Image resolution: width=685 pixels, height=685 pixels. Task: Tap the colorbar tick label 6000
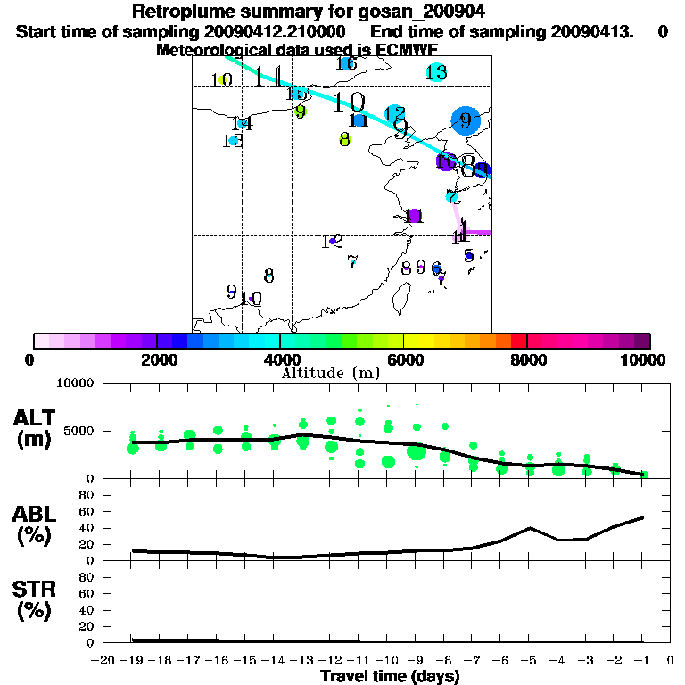[404, 359]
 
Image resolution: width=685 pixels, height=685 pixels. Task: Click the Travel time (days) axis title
[390, 676]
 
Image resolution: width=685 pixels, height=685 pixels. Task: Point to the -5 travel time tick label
[530, 660]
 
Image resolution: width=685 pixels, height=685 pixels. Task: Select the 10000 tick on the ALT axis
[76, 384]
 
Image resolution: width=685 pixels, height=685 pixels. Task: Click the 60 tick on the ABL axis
[87, 512]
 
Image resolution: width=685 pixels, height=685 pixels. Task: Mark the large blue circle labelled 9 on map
[465, 120]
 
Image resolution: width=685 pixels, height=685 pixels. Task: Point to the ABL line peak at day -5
[530, 528]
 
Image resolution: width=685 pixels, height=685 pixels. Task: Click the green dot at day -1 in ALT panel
[644, 475]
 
